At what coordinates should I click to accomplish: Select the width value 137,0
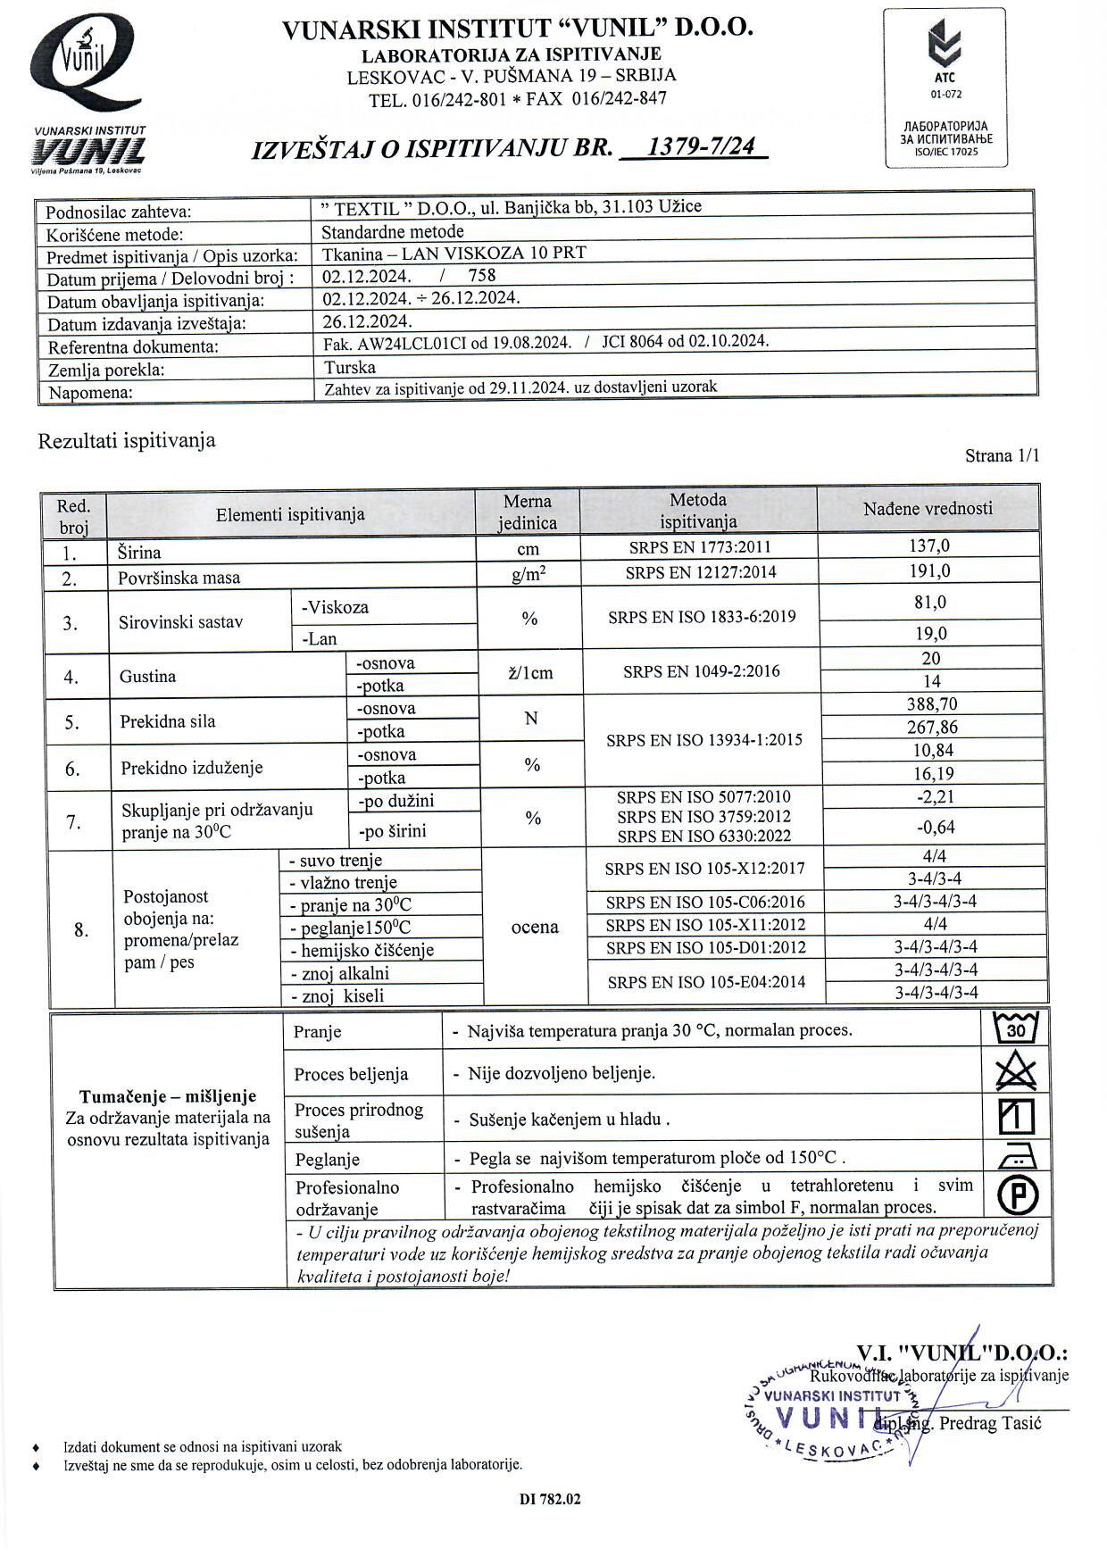click(x=929, y=545)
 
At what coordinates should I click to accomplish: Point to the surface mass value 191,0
click(x=929, y=570)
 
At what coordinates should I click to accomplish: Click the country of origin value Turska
click(x=350, y=367)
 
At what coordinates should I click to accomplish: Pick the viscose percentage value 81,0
click(x=929, y=603)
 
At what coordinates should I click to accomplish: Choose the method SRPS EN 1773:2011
click(x=699, y=547)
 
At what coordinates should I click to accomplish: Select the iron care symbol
click(x=1016, y=1157)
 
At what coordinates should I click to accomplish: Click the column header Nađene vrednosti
click(x=928, y=509)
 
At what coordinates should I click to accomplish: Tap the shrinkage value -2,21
click(x=935, y=796)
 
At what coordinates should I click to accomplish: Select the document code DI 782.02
click(x=550, y=1499)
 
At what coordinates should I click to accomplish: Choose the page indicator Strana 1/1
click(x=1002, y=456)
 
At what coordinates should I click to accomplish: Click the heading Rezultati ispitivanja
click(x=126, y=441)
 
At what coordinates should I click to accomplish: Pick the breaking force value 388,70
click(x=931, y=703)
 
